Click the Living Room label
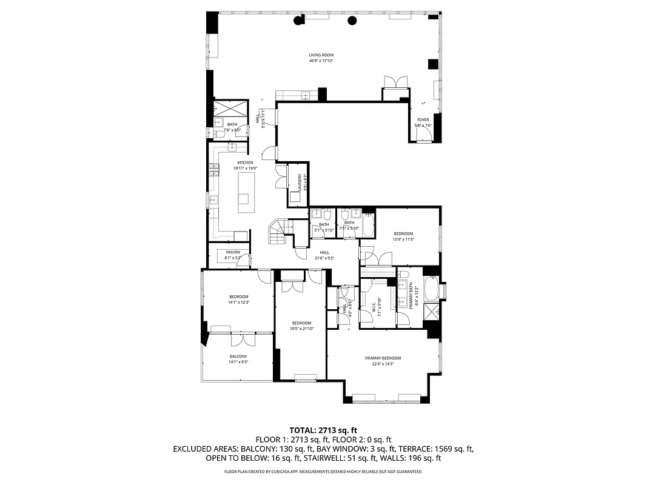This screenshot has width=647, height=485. (x=321, y=55)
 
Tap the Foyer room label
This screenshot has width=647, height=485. (x=422, y=120)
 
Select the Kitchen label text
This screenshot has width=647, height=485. (x=245, y=162)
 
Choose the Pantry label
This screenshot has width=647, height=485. (x=233, y=252)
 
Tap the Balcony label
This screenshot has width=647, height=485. (x=238, y=356)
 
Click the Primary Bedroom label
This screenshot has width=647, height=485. (x=383, y=358)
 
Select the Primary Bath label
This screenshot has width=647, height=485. (x=411, y=297)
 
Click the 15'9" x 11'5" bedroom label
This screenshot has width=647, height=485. (x=403, y=234)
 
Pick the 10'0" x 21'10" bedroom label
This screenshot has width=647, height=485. (x=301, y=323)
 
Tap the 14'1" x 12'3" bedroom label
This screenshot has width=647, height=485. (x=239, y=296)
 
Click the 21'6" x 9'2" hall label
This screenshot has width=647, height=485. (x=324, y=253)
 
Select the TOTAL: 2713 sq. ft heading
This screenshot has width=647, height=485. (x=323, y=429)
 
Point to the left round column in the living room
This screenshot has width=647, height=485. (x=298, y=21)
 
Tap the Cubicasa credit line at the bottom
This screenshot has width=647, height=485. (x=323, y=471)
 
